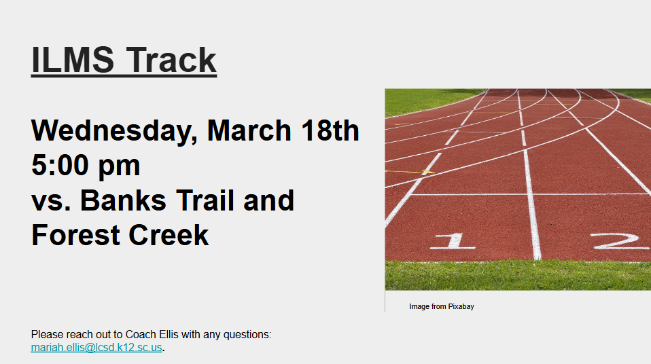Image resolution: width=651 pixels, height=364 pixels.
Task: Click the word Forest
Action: point(75,236)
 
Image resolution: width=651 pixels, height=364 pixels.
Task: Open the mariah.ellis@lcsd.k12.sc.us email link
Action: point(96,348)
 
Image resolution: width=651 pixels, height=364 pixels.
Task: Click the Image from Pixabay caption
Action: point(441,307)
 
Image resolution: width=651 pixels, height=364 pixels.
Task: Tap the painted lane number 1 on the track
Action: point(452,241)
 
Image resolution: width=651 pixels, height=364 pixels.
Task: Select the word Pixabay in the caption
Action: point(461,307)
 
